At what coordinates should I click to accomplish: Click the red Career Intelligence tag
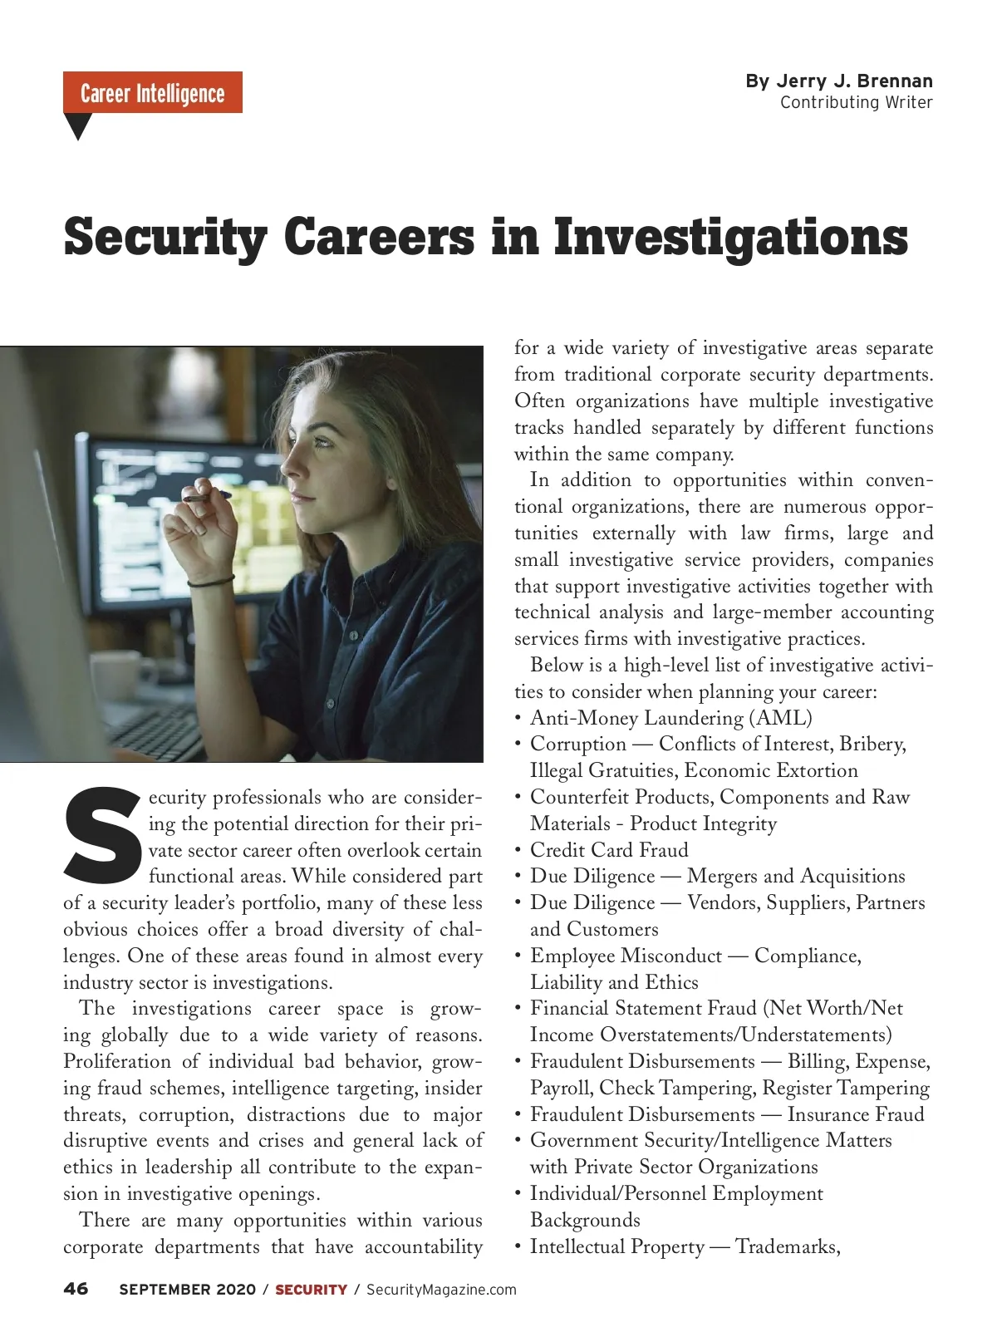[153, 92]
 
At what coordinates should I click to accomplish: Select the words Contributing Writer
[856, 102]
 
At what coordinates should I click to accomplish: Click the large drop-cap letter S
[101, 834]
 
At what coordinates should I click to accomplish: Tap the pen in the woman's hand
[207, 496]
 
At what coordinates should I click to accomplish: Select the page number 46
[76, 1289]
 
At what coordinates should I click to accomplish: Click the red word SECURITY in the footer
[311, 1290]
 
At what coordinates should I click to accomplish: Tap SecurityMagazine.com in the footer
[441, 1290]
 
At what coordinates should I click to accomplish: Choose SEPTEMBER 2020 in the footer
[188, 1290]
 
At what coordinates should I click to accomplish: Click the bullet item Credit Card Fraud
[609, 850]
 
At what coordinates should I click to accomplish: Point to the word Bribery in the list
[872, 744]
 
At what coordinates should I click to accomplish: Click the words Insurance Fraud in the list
[856, 1114]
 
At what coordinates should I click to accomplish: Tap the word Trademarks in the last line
[787, 1246]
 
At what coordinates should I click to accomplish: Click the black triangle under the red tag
[78, 125]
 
